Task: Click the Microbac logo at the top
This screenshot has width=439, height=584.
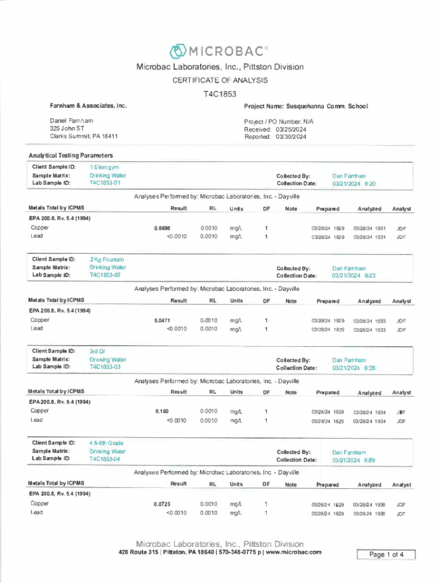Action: (219, 51)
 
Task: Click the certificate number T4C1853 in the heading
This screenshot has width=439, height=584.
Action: (219, 94)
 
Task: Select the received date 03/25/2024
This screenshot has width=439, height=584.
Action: (291, 129)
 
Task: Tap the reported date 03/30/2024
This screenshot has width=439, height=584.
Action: (291, 137)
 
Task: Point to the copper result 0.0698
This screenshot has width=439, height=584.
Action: (162, 228)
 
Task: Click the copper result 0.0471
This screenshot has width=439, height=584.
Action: (162, 321)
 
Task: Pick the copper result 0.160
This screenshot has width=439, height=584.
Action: (162, 411)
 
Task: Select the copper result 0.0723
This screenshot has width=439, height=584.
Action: (162, 504)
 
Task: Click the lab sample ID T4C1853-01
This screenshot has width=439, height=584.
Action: (105, 183)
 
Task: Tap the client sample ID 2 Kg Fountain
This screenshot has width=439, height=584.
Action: (107, 259)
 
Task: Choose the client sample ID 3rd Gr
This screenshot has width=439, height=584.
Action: (97, 351)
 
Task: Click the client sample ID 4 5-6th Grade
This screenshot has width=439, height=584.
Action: (106, 443)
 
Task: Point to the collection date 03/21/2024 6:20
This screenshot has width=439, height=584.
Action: (353, 184)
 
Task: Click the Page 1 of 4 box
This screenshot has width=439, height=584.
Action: (386, 554)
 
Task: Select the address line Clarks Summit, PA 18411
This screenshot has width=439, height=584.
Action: (83, 137)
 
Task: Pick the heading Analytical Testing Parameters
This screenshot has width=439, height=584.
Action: (71, 155)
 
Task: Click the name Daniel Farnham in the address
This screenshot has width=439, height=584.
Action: (71, 121)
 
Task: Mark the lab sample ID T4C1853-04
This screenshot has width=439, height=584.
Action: (105, 459)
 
